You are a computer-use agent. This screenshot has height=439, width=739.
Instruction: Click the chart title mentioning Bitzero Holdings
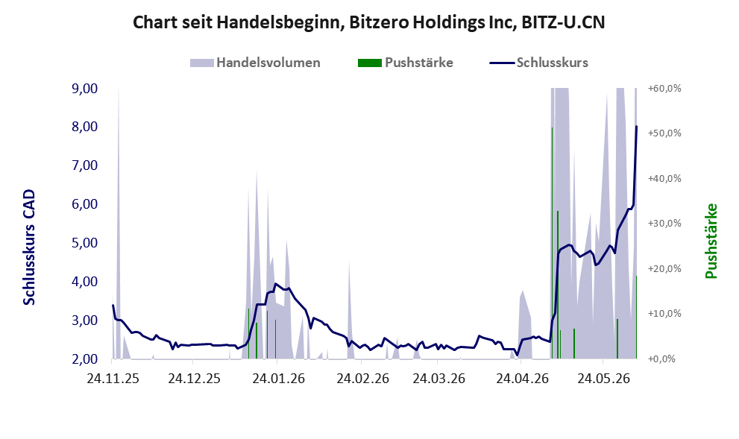(x=368, y=22)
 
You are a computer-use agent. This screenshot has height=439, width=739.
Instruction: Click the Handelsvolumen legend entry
(x=255, y=63)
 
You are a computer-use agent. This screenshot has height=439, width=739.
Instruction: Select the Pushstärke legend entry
(x=406, y=63)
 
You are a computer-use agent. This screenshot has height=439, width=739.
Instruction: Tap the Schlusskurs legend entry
(x=538, y=63)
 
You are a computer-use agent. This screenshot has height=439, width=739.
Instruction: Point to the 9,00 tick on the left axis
(x=85, y=89)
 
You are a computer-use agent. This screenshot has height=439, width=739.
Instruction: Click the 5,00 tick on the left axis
(x=85, y=243)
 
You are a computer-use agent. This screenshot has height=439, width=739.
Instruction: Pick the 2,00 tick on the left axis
(x=85, y=359)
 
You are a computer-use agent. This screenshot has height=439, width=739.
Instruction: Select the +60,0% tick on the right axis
(x=664, y=89)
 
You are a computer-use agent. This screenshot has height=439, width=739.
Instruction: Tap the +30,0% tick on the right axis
(x=664, y=224)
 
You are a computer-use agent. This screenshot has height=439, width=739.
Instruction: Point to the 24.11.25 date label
(x=113, y=378)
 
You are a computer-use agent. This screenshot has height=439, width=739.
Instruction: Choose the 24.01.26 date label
(x=279, y=378)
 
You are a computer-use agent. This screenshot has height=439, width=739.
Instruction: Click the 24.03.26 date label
(x=438, y=378)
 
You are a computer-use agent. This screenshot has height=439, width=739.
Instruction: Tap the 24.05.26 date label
(x=604, y=378)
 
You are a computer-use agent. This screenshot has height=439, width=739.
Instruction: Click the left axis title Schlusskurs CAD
(x=29, y=247)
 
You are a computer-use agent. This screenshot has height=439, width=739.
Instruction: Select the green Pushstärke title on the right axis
(x=711, y=241)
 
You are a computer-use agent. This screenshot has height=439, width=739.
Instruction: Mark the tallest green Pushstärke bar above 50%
(x=552, y=242)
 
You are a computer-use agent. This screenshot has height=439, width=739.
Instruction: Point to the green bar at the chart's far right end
(x=636, y=317)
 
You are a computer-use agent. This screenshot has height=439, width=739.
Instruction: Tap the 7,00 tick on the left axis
(x=85, y=165)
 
